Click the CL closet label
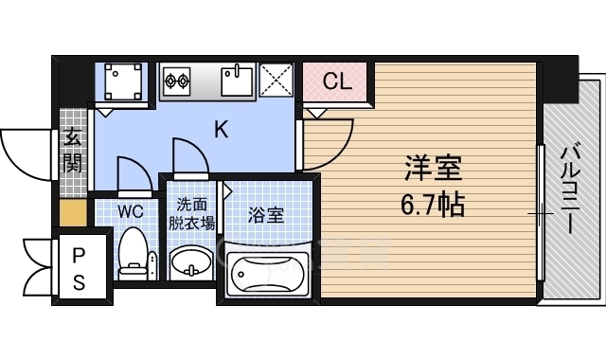(336, 81)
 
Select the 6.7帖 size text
(433, 203)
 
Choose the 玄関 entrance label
(72, 150)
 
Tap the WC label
(130, 209)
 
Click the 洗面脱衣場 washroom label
(191, 214)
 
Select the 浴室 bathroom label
(265, 214)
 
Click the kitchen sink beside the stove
(237, 80)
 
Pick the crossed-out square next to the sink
(277, 79)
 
